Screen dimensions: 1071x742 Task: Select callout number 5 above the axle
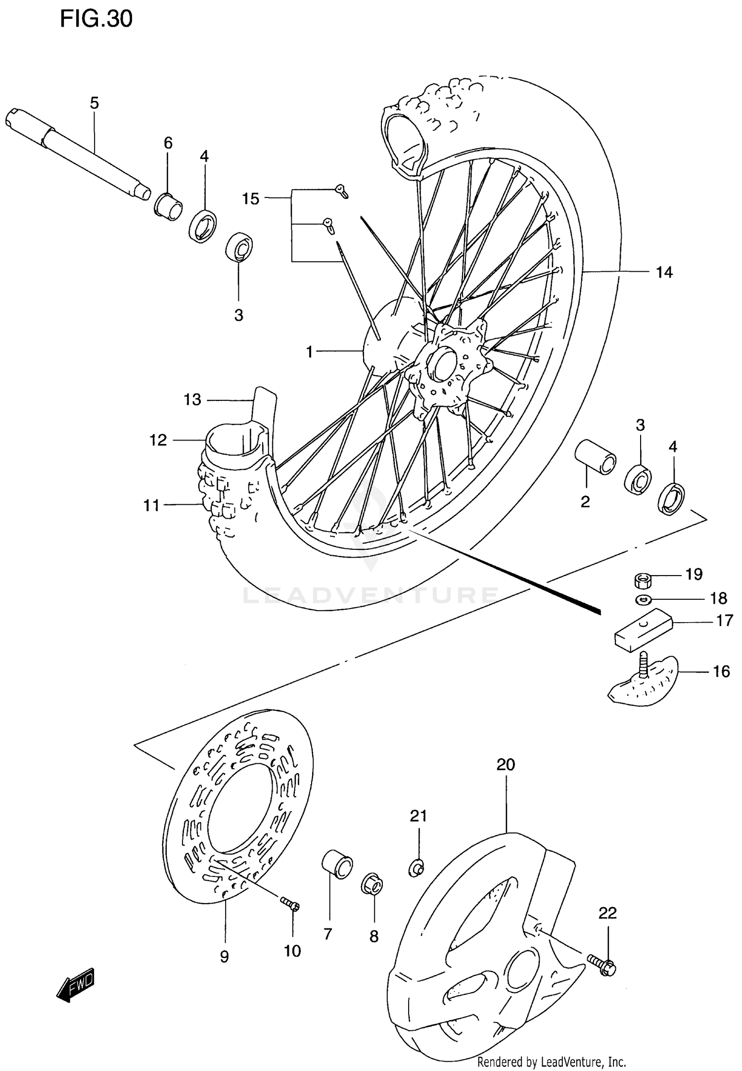94,103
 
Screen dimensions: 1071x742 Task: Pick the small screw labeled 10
290,903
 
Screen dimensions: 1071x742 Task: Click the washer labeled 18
643,600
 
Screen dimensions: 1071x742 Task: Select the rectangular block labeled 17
642,630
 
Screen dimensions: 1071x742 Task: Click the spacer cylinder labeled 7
337,864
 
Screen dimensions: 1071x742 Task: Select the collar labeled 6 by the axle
168,204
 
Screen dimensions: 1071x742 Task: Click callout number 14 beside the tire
664,272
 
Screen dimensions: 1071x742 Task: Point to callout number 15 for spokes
250,199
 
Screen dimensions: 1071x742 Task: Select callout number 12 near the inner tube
158,440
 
